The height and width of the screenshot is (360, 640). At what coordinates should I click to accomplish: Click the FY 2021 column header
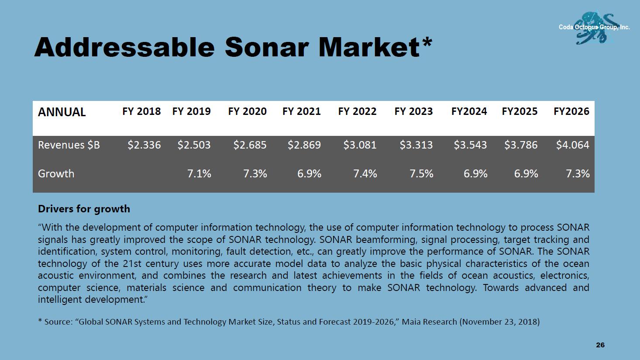(301, 111)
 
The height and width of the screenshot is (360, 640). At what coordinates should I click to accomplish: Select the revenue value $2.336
(144, 145)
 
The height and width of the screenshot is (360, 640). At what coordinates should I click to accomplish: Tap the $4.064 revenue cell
(572, 145)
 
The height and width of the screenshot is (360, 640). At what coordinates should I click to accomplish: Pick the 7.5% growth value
(421, 173)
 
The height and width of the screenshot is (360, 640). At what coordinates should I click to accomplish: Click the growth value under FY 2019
(199, 173)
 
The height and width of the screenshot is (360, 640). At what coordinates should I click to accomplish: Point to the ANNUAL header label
(62, 112)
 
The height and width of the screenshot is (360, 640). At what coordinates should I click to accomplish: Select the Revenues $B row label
(69, 145)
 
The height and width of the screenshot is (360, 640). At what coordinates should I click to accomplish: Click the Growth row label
(56, 173)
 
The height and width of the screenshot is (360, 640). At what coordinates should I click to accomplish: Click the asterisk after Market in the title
(427, 43)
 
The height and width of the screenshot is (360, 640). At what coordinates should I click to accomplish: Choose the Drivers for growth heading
(84, 209)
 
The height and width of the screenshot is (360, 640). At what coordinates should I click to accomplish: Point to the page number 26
(600, 345)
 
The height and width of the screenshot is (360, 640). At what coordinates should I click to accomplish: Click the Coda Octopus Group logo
(595, 27)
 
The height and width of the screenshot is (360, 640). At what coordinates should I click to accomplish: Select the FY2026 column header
(571, 111)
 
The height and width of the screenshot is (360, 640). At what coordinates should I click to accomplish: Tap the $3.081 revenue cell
(360, 145)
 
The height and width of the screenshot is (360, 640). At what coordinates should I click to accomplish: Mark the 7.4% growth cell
(365, 173)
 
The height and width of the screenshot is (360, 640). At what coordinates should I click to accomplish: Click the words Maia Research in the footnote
(429, 322)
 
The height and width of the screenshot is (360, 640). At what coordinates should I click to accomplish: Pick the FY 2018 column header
(141, 111)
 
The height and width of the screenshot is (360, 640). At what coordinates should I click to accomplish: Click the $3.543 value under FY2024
(470, 145)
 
